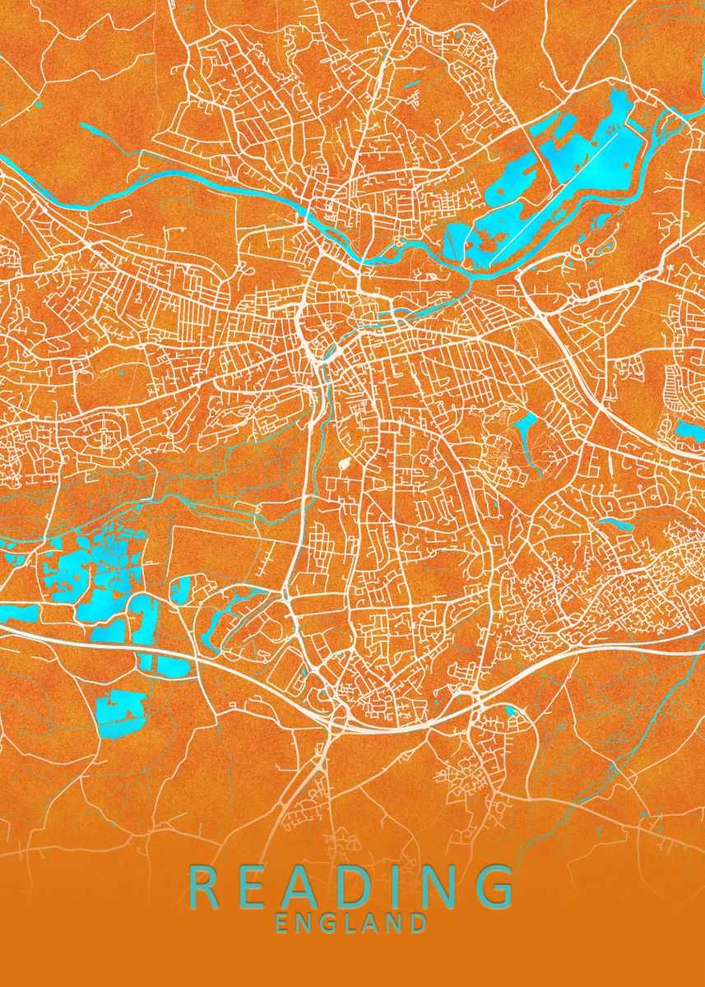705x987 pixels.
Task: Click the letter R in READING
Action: pos(205,887)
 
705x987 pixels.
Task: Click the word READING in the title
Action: pos(351,887)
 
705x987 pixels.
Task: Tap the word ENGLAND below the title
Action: pos(351,923)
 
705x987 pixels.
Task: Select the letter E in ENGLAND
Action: pos(283,923)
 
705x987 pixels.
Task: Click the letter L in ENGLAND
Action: pos(351,923)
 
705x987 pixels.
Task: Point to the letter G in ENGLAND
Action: pos(329,923)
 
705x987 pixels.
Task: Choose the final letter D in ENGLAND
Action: pos(419,923)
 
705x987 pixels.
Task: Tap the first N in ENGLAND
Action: pos(305,923)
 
